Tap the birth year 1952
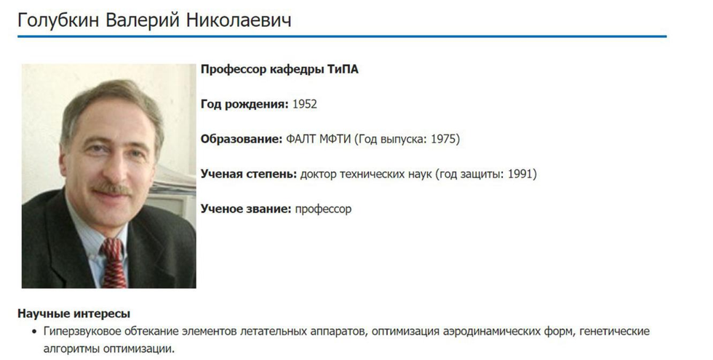click(304, 104)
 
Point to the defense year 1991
click(519, 174)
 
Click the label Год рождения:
click(244, 104)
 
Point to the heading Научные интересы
click(73, 313)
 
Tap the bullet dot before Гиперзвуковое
click(33, 332)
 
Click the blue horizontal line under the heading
click(342, 36)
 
